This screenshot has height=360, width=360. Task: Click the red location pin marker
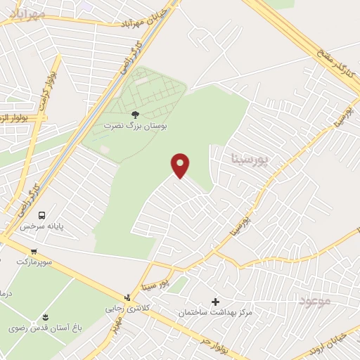pyautogui.click(x=181, y=165)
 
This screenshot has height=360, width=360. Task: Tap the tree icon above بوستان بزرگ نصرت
pyautogui.click(x=135, y=114)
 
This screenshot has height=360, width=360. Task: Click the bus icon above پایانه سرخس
pyautogui.click(x=41, y=215)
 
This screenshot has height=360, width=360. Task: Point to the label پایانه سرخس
pyautogui.click(x=41, y=226)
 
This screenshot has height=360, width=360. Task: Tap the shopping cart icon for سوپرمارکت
pyautogui.click(x=34, y=251)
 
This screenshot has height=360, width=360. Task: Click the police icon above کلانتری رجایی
pyautogui.click(x=127, y=297)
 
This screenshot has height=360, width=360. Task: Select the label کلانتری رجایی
pyautogui.click(x=124, y=308)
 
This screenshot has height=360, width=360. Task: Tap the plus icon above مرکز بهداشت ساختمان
pyautogui.click(x=215, y=301)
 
